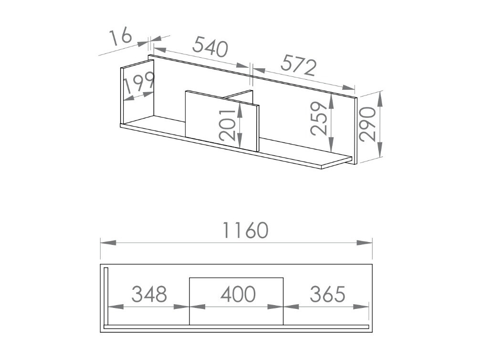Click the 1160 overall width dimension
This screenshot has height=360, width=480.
pos(245,231)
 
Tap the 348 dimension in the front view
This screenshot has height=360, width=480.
pos(149,295)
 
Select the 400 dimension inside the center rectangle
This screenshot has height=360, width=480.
pos(238,295)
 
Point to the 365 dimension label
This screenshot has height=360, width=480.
pos(327,295)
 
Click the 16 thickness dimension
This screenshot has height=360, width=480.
pos(121,37)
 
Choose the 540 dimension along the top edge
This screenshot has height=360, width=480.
pos(210,48)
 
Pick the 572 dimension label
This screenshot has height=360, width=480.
pos(298,65)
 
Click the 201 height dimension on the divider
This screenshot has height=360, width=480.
pos(228,123)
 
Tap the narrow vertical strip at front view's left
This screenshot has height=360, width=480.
pos(107,296)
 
